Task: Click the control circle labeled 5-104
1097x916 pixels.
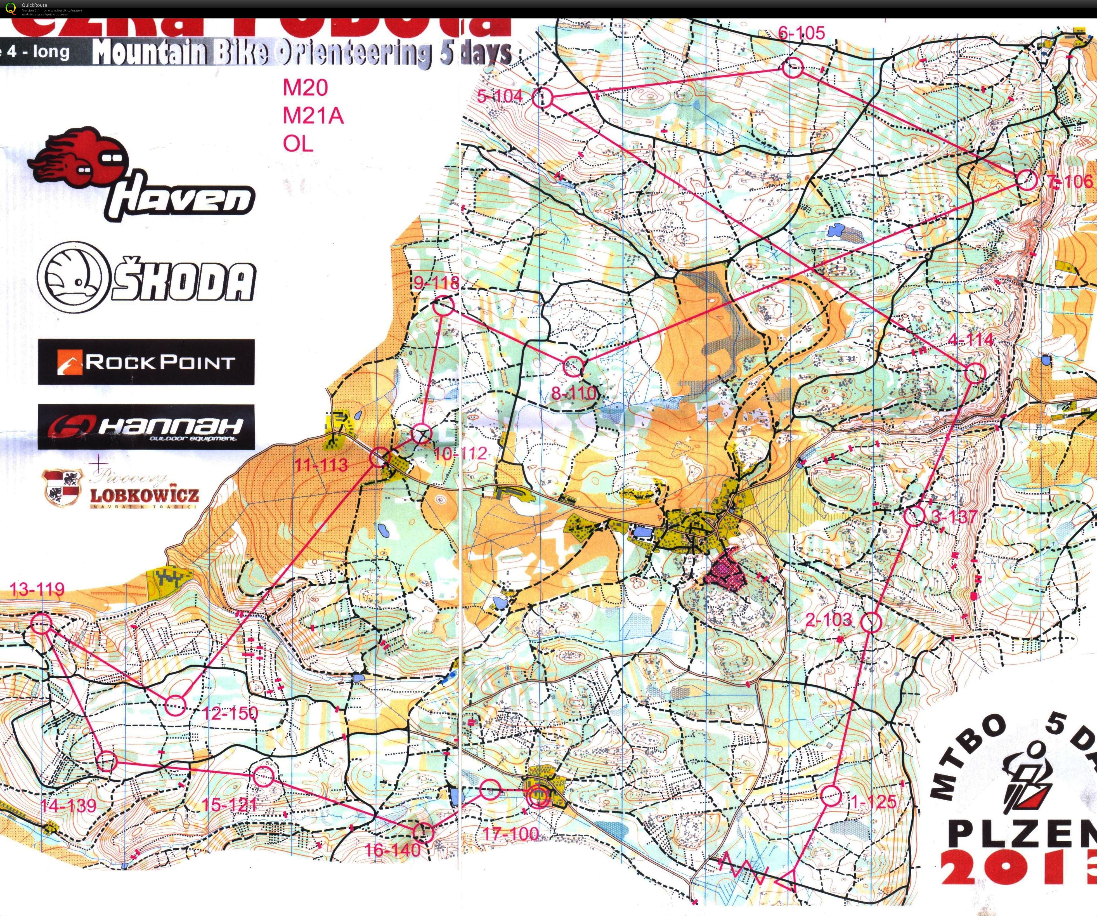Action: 542,97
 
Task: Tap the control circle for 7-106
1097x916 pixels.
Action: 1027,180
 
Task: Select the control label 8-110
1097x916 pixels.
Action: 574,393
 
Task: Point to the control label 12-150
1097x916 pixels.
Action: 230,713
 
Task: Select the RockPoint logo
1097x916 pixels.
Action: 146,362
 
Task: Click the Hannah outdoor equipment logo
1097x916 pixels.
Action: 146,426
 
